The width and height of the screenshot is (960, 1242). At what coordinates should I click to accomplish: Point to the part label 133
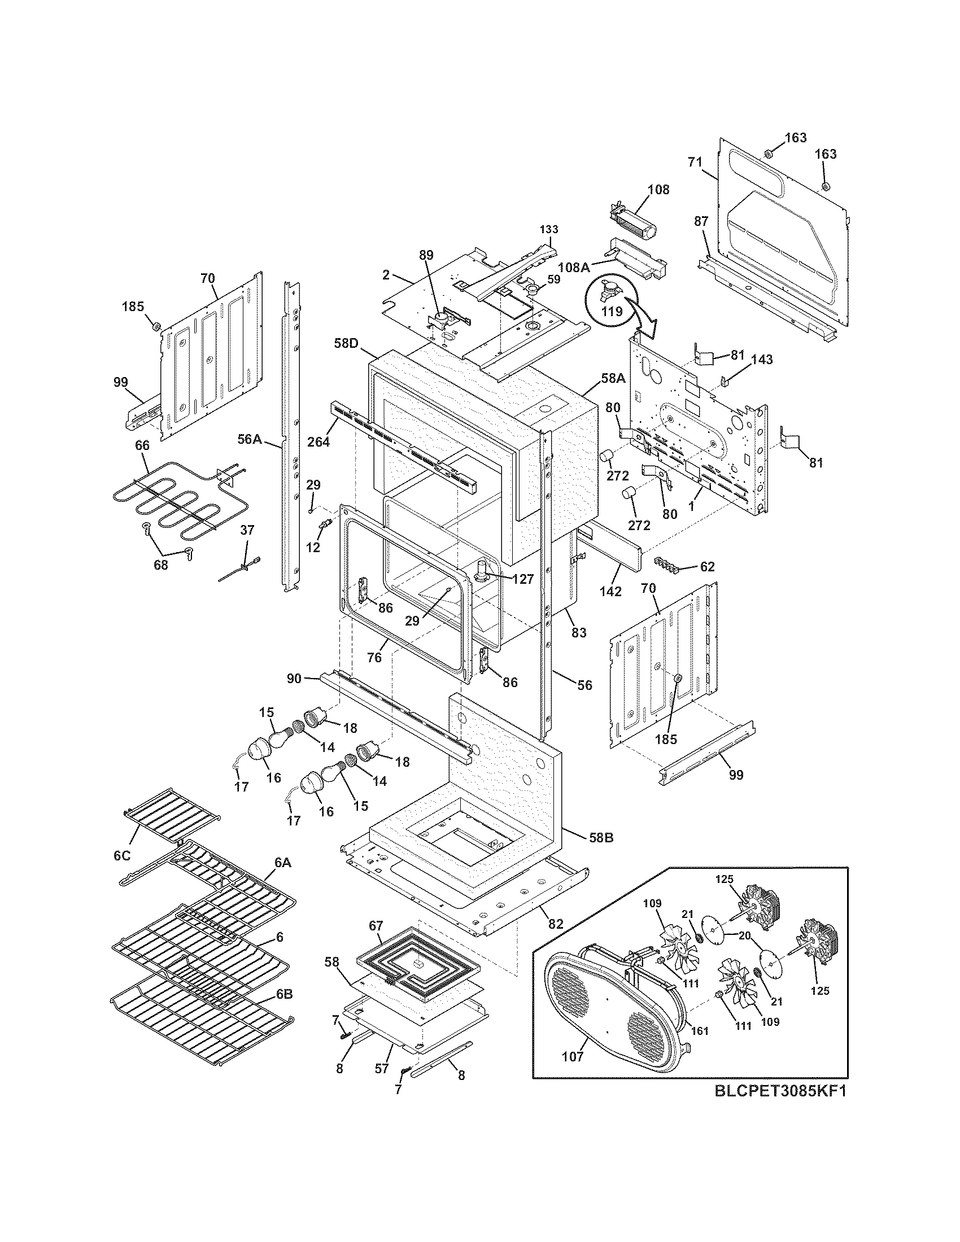549,229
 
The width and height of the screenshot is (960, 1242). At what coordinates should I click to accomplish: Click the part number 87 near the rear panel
701,221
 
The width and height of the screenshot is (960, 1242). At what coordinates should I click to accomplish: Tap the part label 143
762,360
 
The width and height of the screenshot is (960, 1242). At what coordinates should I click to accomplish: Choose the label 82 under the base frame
555,924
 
